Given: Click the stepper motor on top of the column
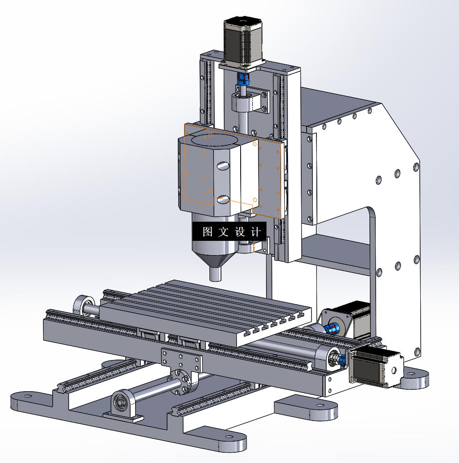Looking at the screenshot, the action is pyautogui.click(x=243, y=41).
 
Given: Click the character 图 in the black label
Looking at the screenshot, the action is pyautogui.click(x=207, y=231).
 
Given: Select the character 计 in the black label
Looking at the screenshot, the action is pyautogui.click(x=256, y=232).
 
